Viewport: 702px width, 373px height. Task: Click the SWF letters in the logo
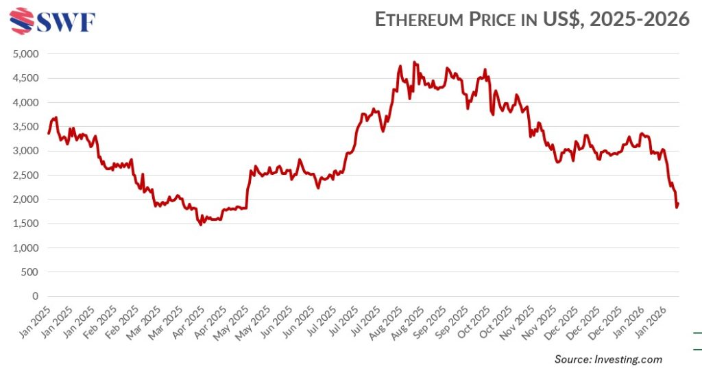66,22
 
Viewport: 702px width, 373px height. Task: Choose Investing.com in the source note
627,359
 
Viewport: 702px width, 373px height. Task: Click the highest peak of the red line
413,62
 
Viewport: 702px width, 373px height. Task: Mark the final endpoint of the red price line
678,203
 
